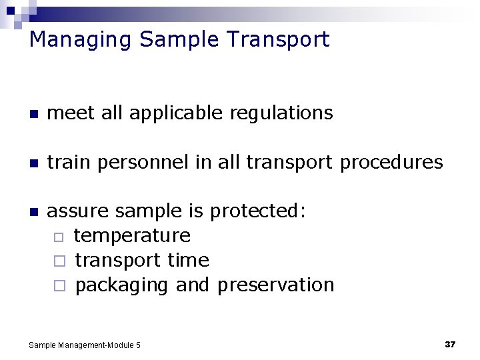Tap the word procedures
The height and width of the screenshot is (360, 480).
391,162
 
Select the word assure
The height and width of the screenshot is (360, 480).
79,211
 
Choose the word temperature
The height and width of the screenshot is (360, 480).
132,236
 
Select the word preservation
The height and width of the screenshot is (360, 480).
275,285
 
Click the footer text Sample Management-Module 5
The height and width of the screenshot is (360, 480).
85,345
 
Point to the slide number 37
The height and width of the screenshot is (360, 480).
450,344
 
